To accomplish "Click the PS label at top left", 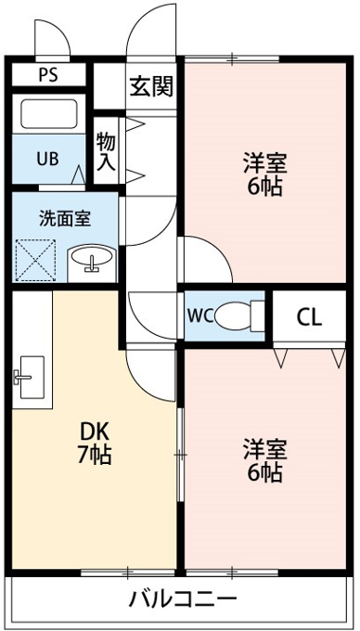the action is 48,75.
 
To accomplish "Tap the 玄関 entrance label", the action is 151,86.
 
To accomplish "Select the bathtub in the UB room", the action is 48,113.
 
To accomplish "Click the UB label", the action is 48,160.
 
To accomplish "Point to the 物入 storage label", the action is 106,152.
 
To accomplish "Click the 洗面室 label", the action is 65,218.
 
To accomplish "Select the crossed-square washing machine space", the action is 35,261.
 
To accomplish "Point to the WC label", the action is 199,316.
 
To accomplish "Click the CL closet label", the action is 309,318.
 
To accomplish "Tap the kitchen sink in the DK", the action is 29,377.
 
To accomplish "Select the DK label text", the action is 95,433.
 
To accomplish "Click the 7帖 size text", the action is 95,455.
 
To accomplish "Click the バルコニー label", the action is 182,599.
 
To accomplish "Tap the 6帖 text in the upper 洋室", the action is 264,186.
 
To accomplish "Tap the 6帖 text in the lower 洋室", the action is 264,472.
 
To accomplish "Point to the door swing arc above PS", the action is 60,27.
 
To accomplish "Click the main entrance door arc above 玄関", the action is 139,21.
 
